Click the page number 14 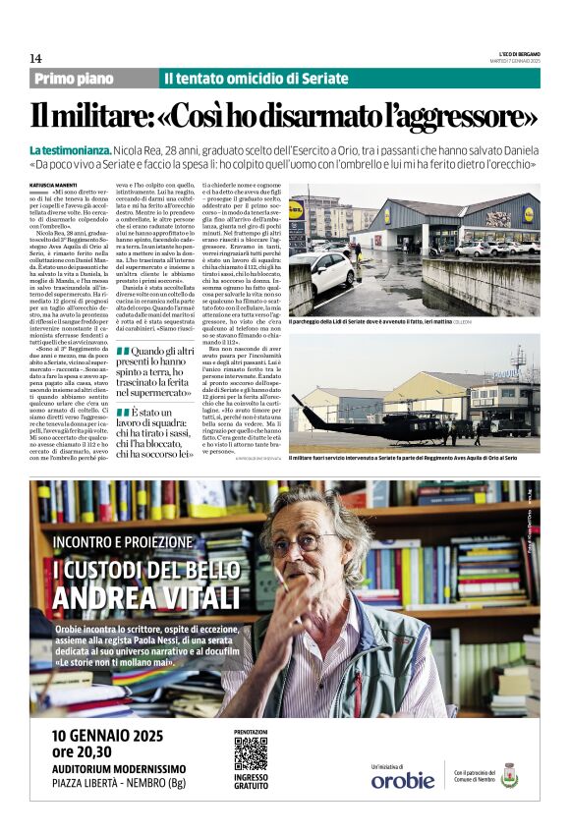[x=35, y=59]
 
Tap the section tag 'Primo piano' [x=74, y=79]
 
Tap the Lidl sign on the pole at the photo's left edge [x=296, y=209]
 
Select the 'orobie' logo [x=402, y=780]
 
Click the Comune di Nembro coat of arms [x=508, y=775]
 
